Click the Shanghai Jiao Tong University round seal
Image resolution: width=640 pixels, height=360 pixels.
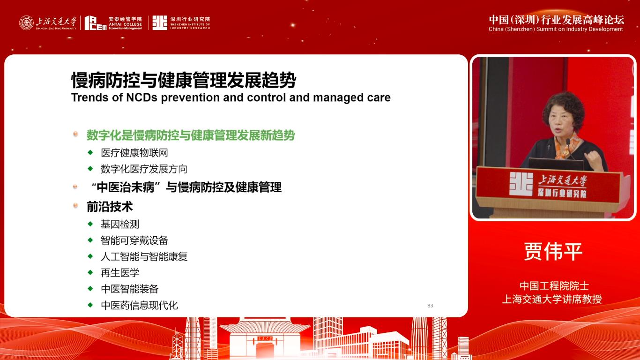pos(26,23)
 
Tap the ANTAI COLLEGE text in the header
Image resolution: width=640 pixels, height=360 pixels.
pos(125,24)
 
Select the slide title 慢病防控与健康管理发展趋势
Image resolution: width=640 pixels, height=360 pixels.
pos(184,80)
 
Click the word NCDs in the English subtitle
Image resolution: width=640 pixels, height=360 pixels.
pos(141,97)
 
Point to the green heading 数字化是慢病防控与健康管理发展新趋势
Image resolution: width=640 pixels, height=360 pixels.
pos(191,135)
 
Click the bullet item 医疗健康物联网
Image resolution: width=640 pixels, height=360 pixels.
pos(134,153)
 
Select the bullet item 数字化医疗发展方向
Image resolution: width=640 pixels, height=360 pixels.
pos(144,169)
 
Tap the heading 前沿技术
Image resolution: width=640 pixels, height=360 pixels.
pos(110,206)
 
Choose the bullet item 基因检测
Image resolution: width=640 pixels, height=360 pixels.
pos(120,224)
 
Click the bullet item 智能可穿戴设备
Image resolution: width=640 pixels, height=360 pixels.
pos(134,240)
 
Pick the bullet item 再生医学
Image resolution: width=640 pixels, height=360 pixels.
pos(120,272)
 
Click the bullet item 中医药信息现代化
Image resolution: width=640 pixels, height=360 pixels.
pos(139,305)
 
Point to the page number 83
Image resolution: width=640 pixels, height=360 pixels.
pos(430,306)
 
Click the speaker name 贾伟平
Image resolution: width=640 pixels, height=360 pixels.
pos(553,252)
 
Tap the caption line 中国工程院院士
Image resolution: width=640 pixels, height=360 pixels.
pos(554,285)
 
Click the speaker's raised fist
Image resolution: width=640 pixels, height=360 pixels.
pos(593,157)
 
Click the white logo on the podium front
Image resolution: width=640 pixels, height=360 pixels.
pos(521,184)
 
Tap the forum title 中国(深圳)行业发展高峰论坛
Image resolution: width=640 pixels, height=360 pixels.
pos(556,20)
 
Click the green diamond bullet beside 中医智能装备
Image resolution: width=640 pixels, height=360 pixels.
pos(90,288)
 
